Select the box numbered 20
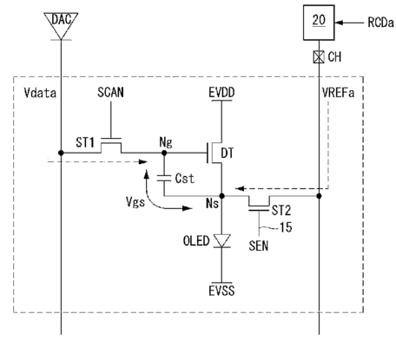point(319,23)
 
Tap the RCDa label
point(380,23)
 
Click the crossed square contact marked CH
point(319,56)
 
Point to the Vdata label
point(40,93)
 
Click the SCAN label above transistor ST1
point(110,92)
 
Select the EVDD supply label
point(221,93)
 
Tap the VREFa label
point(338,93)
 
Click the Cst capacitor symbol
point(164,178)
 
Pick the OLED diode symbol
point(222,240)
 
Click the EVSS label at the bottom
point(221,291)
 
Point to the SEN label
point(259,245)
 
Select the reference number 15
point(286,227)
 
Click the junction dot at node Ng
point(164,153)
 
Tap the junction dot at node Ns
point(222,196)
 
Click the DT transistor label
point(228,153)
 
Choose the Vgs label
point(135,201)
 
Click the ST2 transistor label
point(281,211)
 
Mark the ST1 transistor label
point(85,142)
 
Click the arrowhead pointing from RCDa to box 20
point(339,23)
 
